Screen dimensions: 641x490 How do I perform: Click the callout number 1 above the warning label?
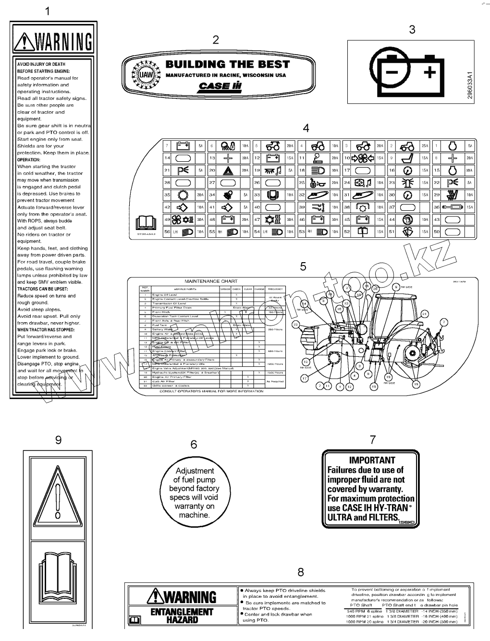(x=47, y=11)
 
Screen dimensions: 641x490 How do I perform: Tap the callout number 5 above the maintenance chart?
(x=303, y=266)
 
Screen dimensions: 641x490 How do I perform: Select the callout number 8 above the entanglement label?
(x=301, y=572)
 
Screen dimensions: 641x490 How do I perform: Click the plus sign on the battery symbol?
(x=430, y=73)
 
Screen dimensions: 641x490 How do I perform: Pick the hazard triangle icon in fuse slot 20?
(x=227, y=170)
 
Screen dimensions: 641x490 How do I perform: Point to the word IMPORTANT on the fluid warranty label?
(x=372, y=460)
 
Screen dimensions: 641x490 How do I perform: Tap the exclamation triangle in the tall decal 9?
(x=58, y=494)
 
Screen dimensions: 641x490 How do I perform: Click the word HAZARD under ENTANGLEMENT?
(x=182, y=620)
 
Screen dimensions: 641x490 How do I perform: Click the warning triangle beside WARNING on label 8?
(x=156, y=596)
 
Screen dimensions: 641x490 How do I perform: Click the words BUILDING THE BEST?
(x=228, y=64)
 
